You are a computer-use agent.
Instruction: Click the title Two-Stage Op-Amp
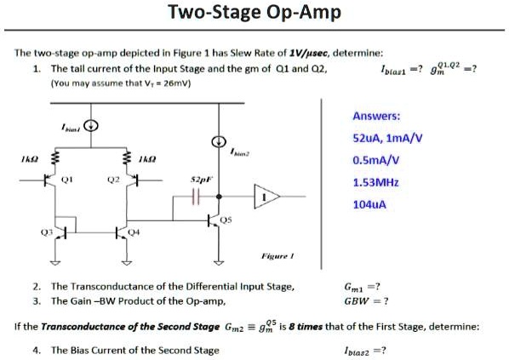254,14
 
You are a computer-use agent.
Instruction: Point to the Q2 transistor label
112,180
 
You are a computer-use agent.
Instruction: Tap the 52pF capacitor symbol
195,197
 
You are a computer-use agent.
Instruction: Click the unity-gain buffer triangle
266,197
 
